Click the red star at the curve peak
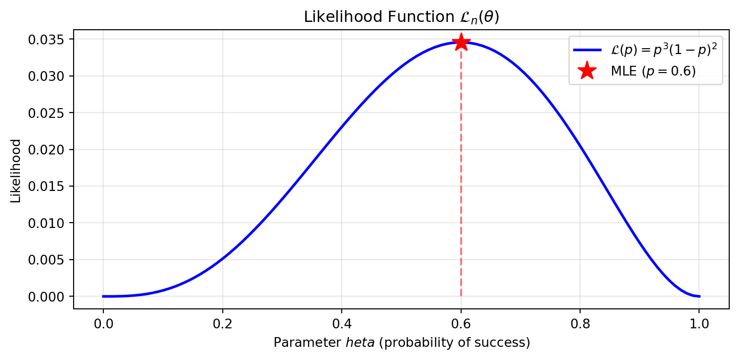[x=461, y=42]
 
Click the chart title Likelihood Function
[x=401, y=17]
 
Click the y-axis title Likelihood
[x=16, y=171]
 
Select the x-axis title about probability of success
[x=401, y=343]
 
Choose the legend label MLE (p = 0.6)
[x=653, y=71]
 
